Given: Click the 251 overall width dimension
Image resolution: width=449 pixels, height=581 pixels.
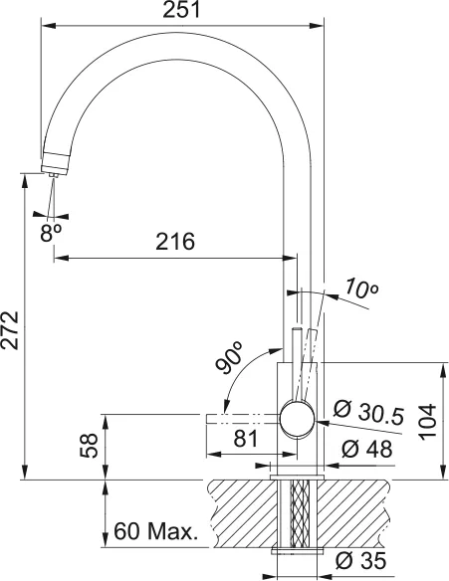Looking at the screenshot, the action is pos(181,10).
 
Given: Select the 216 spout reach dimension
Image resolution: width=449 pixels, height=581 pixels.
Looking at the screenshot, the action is pos(175,242).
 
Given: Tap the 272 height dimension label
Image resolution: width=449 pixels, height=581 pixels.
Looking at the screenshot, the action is pos(10,330).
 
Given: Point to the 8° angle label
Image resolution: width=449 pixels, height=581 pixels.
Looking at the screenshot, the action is pos(51,233).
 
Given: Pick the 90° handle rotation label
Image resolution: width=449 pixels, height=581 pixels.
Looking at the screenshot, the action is pos(230,357).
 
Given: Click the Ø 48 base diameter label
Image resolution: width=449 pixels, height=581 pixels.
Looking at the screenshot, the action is pos(366,449).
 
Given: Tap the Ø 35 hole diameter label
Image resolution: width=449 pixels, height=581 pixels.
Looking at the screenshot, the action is pos(360,561).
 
